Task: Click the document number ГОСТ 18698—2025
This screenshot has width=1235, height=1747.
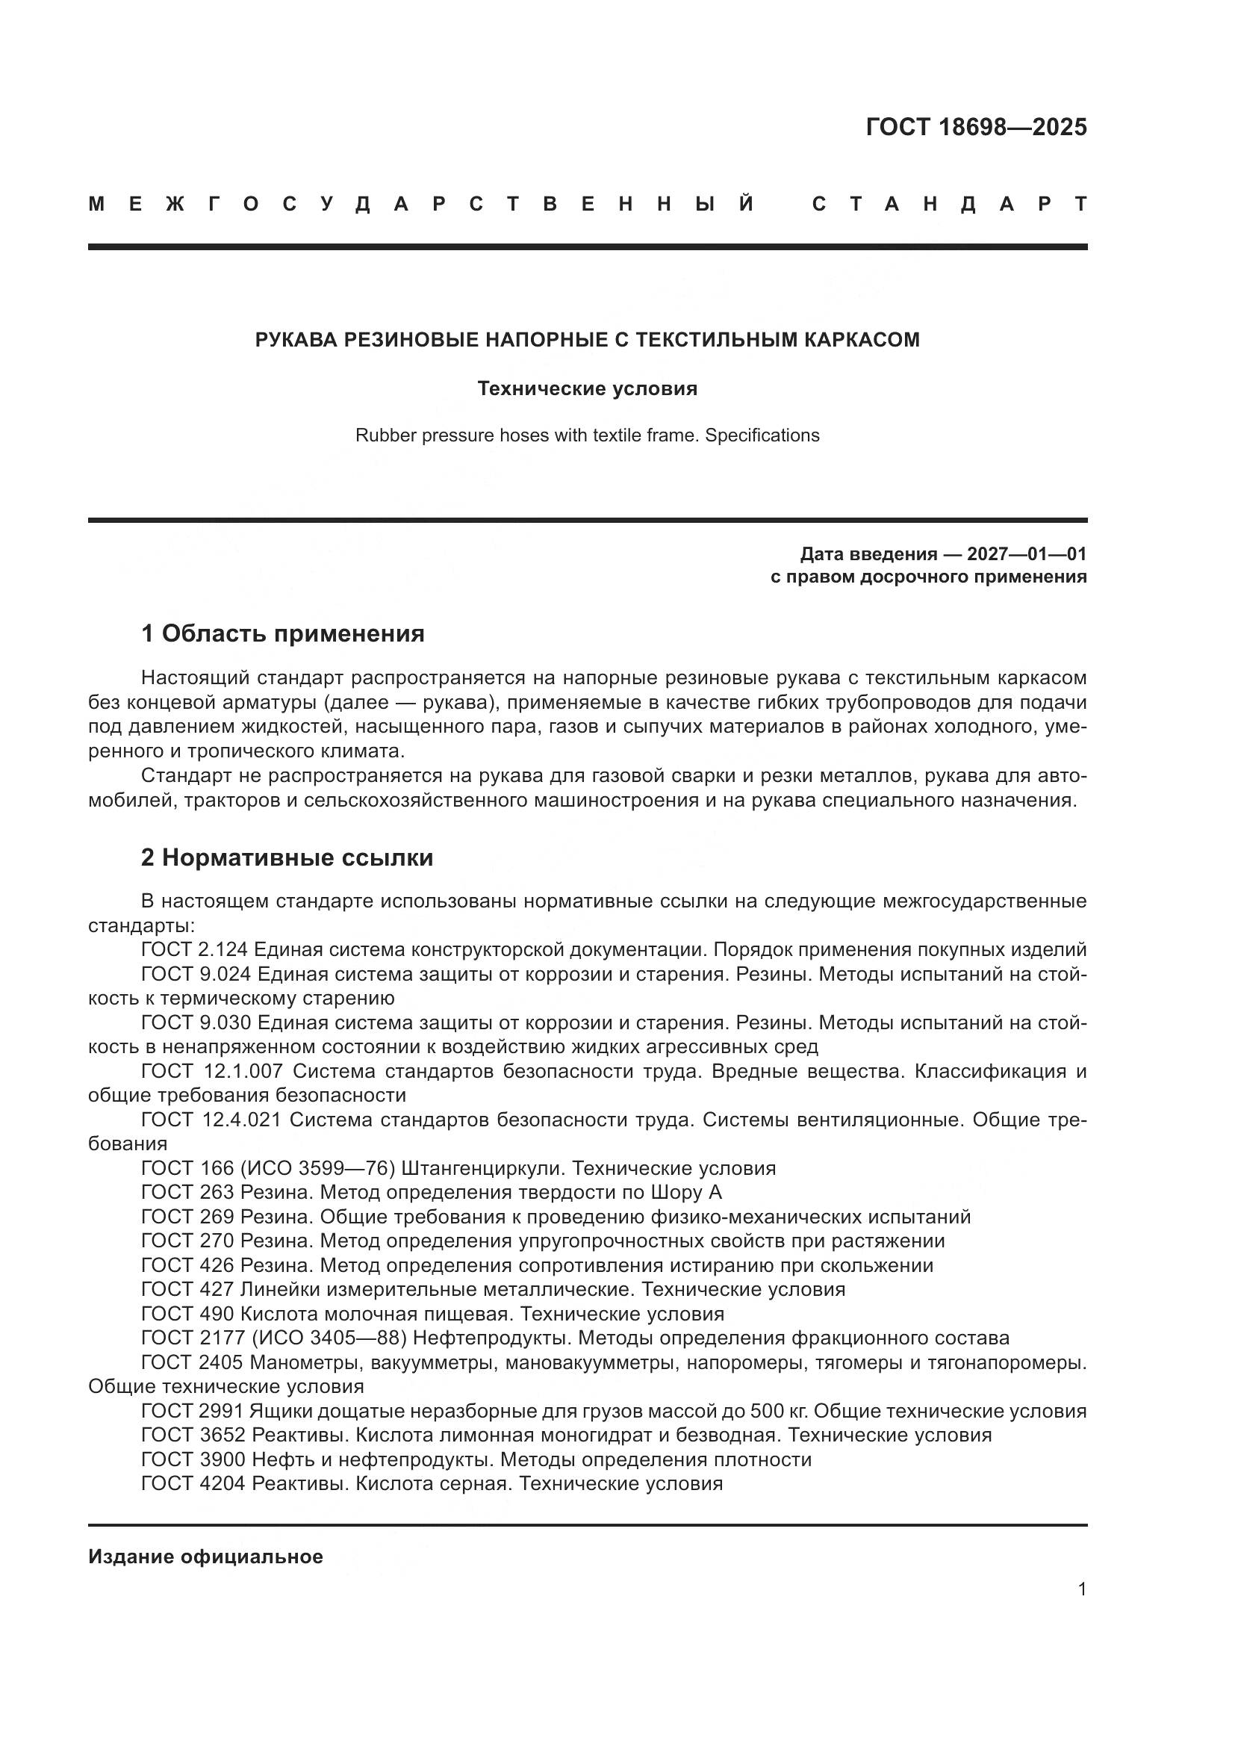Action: tap(976, 127)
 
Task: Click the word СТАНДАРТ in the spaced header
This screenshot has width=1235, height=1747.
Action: tap(949, 204)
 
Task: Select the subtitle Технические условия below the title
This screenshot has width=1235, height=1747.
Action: tap(587, 389)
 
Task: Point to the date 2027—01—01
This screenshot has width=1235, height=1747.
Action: tap(1027, 554)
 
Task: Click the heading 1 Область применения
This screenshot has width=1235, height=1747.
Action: tap(283, 633)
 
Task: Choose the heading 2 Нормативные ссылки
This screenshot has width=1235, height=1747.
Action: tap(287, 857)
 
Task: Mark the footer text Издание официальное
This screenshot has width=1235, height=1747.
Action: tap(205, 1557)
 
